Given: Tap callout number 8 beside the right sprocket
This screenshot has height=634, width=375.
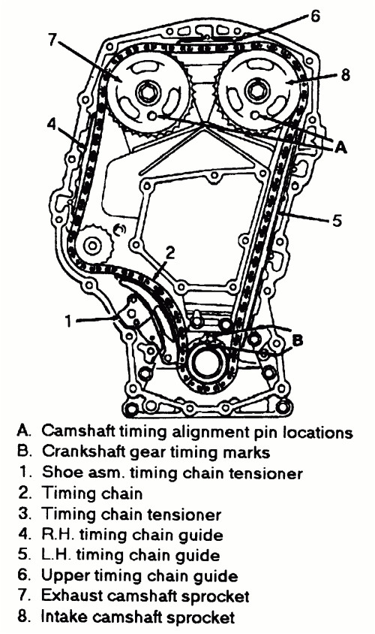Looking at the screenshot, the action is tap(345, 75).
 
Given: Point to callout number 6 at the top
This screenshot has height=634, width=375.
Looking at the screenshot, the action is tap(314, 17).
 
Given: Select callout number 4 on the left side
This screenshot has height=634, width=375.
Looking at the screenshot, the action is tap(51, 124).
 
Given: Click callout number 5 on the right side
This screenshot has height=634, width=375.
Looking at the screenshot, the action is tap(337, 221).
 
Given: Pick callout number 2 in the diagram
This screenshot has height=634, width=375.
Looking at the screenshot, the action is tap(170, 253).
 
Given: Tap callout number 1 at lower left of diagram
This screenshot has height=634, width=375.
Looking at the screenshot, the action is tap(68, 321).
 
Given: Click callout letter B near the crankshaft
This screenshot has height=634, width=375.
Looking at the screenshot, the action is tap(297, 341).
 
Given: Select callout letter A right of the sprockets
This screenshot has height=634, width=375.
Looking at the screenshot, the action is tap(341, 147).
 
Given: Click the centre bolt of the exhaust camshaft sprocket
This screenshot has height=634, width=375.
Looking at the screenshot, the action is tap(144, 92).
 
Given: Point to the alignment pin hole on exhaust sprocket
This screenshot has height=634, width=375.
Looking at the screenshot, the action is tap(152, 116).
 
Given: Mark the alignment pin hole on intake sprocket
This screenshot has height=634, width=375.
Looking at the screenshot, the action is tap(255, 116).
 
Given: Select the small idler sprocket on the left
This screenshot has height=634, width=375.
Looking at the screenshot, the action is tap(92, 246).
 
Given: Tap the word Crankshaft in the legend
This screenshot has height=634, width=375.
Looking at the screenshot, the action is tap(82, 451).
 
